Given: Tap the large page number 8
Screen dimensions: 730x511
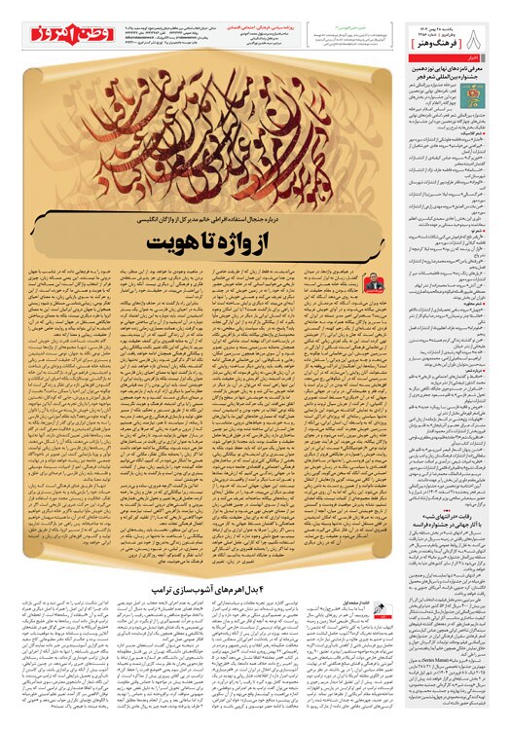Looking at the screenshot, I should point(491,19).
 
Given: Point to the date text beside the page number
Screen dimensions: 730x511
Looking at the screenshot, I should point(457,19).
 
